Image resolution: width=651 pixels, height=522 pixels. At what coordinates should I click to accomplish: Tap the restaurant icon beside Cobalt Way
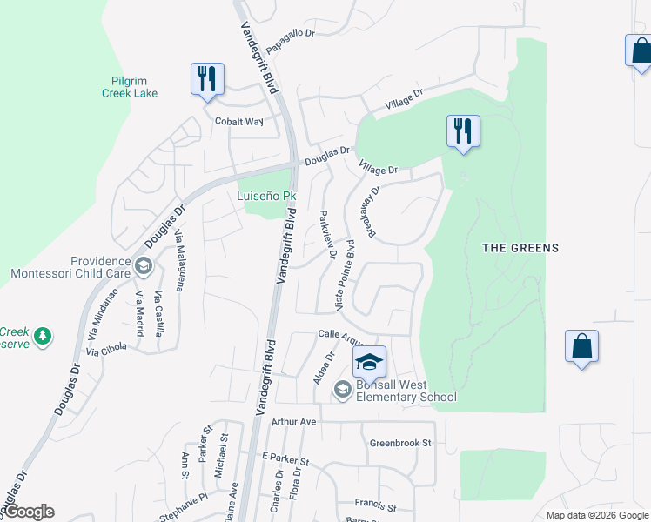point(207,79)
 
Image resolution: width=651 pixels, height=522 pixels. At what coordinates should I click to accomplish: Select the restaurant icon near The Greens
point(463,131)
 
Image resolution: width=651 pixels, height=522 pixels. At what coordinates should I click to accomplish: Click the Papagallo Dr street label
point(290,32)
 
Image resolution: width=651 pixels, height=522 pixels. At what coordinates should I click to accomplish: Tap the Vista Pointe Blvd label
point(345,275)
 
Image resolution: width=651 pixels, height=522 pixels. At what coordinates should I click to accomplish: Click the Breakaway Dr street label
point(374,211)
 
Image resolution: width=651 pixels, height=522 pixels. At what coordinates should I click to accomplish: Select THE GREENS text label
point(520,248)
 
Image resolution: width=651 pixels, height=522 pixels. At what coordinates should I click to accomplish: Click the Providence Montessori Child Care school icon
point(144,266)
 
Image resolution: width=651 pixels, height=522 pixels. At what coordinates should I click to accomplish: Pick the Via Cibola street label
point(106,348)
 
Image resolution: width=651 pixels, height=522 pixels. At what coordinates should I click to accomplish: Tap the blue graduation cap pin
point(369,361)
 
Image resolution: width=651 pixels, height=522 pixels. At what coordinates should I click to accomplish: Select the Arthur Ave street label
point(293,421)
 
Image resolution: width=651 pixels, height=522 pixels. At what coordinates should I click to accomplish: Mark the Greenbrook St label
point(400,443)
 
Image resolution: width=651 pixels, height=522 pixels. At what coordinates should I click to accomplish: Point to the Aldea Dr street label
point(319,369)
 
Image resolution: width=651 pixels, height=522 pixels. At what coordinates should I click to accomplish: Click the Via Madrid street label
point(139,315)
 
